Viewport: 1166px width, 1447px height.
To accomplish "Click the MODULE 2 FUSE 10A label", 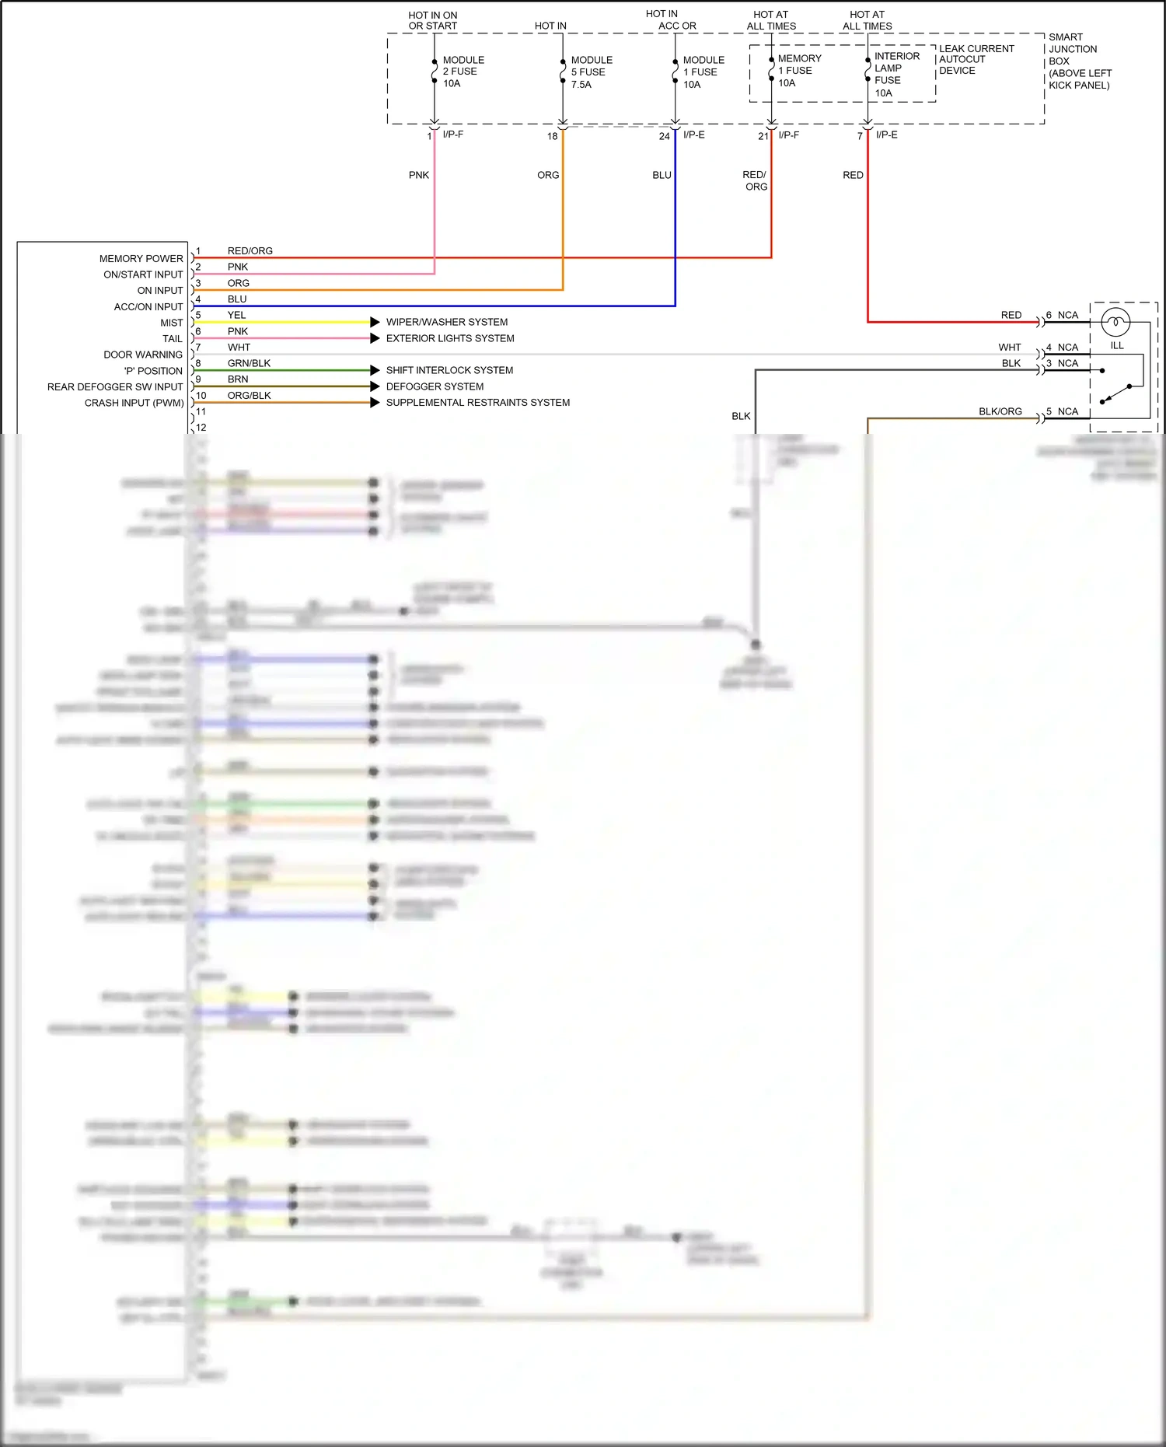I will pyautogui.click(x=463, y=72).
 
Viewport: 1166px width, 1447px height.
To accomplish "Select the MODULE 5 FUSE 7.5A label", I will pyautogui.click(x=591, y=72).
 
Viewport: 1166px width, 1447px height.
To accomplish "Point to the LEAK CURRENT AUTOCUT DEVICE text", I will pyautogui.click(x=976, y=59).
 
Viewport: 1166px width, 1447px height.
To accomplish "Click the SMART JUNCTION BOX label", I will pyautogui.click(x=1079, y=61).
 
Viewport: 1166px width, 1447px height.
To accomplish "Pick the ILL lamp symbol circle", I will pyautogui.click(x=1115, y=322).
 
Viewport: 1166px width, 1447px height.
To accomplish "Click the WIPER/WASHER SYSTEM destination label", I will pyautogui.click(x=447, y=322).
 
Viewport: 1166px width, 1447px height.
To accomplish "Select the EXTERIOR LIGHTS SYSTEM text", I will pyautogui.click(x=450, y=338).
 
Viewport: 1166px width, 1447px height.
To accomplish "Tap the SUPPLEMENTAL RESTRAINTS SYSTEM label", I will pyautogui.click(x=477, y=403).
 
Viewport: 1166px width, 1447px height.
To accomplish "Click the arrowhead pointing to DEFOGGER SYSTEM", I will pyautogui.click(x=375, y=386).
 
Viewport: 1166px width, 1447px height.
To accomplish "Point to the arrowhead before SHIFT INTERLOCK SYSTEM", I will pyautogui.click(x=375, y=370).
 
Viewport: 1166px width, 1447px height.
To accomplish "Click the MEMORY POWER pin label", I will pyautogui.click(x=141, y=259).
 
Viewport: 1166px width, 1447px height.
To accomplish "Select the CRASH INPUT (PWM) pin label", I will pyautogui.click(x=134, y=403).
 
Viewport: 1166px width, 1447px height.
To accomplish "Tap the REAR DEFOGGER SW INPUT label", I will pyautogui.click(x=115, y=386).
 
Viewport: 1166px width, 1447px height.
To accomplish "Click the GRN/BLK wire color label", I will pyautogui.click(x=249, y=363).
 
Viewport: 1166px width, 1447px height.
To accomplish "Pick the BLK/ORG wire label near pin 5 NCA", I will pyautogui.click(x=1000, y=411).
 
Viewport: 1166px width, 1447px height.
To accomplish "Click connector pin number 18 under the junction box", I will pyautogui.click(x=552, y=136).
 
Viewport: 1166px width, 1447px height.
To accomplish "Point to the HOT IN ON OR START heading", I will pyautogui.click(x=433, y=20).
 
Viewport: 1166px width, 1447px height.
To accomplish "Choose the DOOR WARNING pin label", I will pyautogui.click(x=143, y=355).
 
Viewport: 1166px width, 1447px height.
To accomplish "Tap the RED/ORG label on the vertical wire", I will pyautogui.click(x=755, y=180).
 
